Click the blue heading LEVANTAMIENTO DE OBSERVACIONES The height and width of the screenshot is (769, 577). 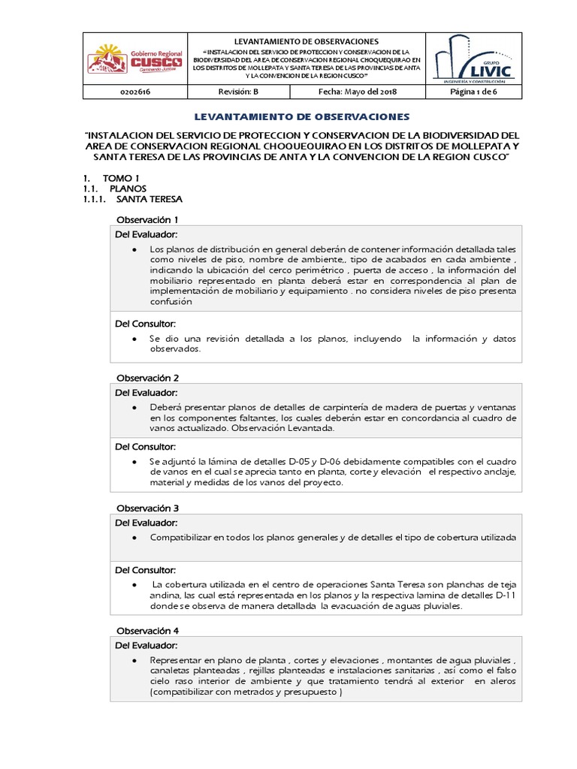(x=302, y=117)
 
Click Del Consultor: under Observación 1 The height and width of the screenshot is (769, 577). (x=145, y=323)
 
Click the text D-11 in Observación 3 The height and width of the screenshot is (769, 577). (x=503, y=595)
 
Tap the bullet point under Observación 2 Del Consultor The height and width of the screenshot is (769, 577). (x=134, y=461)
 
